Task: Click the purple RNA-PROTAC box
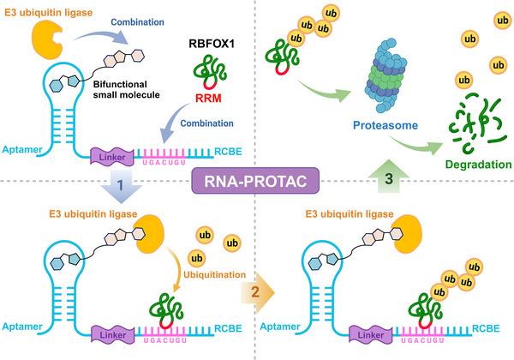256,181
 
